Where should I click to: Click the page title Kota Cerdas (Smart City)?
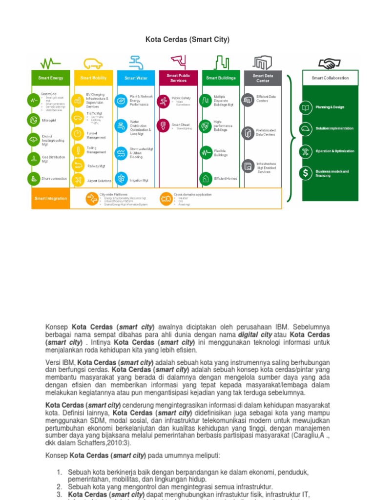(x=187, y=39)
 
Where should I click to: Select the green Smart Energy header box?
(x=51, y=78)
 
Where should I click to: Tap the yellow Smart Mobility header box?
(x=93, y=78)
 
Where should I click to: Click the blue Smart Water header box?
(x=136, y=78)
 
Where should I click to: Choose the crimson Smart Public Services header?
(x=178, y=78)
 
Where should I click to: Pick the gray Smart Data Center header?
(x=263, y=78)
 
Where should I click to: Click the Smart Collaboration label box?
(x=330, y=78)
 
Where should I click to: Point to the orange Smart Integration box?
(x=50, y=199)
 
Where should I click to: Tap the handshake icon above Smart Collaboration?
(x=330, y=63)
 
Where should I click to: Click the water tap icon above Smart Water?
(x=136, y=62)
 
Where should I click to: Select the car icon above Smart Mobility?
(x=93, y=63)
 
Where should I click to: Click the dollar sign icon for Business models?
(x=306, y=173)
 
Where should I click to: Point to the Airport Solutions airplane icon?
(x=78, y=180)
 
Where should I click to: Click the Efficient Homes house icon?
(x=206, y=178)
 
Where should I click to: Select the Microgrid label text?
(x=49, y=120)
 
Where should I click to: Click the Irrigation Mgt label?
(x=139, y=180)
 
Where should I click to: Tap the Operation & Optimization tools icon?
(x=306, y=151)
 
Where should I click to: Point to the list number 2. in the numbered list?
(x=59, y=487)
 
